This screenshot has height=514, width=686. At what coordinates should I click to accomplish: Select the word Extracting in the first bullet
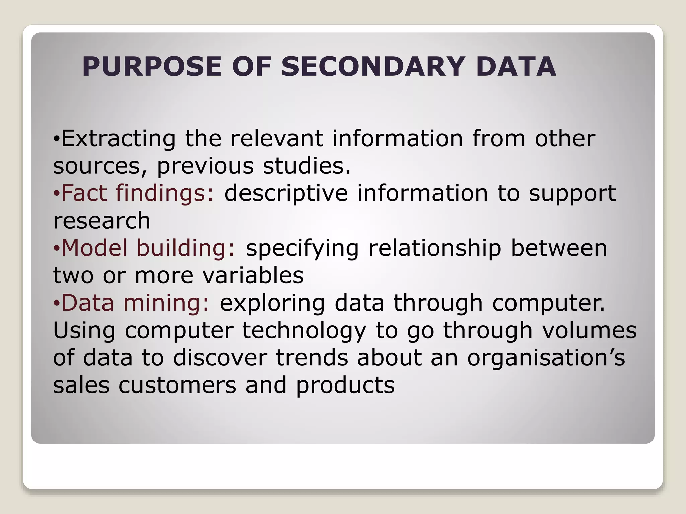pos(118,139)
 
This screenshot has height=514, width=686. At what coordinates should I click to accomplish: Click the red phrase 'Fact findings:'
pos(137,193)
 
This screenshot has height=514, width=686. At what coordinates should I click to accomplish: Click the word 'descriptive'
pos(286,193)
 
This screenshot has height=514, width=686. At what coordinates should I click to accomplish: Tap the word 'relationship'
pos(434,248)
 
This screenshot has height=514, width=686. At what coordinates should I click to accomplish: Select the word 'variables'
pos(253,276)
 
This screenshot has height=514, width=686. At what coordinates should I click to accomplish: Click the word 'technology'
pos(304,331)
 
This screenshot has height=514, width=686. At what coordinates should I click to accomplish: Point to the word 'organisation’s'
pos(546,358)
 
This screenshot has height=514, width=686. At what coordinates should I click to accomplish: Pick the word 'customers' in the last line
pos(177,385)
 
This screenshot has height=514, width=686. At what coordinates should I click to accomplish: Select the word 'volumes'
pos(589,330)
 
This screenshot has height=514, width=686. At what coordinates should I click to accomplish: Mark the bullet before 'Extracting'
pos(57,139)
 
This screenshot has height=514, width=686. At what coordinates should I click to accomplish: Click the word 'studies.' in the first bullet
pos(306,166)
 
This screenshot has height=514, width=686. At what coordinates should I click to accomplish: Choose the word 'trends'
pos(312,358)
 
